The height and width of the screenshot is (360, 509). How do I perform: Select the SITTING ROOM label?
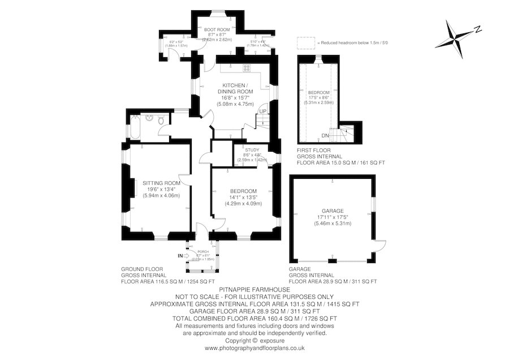(161, 183)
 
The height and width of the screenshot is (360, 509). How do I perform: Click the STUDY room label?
(252, 150)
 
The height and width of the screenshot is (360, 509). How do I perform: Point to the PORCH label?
(202, 252)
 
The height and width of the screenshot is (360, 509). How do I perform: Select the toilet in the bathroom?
(162, 119)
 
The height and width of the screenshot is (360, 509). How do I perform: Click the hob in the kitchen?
(247, 68)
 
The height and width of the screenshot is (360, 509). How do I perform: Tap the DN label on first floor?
(325, 136)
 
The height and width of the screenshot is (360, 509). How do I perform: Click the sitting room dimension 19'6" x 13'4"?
(161, 190)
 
